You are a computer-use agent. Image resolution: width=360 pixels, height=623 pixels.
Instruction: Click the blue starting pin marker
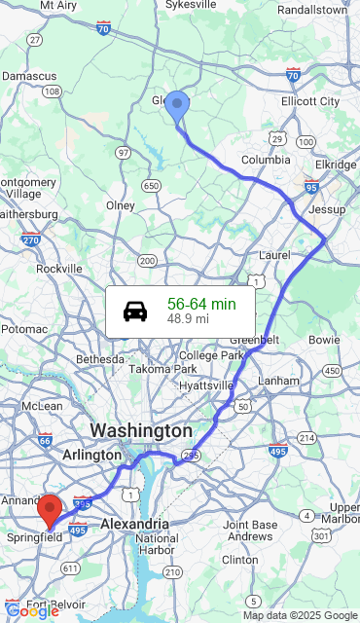click(x=176, y=105)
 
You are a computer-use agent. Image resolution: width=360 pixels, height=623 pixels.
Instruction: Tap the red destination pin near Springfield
click(x=50, y=509)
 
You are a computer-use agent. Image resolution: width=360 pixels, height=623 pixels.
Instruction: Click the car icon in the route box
click(x=135, y=311)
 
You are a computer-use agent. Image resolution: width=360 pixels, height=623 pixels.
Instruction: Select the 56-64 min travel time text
click(x=201, y=304)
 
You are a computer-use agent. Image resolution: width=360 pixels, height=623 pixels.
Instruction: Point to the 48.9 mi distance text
click(x=188, y=318)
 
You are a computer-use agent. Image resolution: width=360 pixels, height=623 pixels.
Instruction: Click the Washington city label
click(x=141, y=430)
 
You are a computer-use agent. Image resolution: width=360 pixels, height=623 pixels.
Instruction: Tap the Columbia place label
click(x=266, y=160)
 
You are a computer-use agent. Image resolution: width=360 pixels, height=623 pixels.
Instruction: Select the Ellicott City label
click(x=310, y=101)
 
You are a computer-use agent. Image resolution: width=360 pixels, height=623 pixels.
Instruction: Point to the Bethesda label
click(x=101, y=359)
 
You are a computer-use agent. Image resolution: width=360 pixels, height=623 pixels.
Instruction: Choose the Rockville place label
click(x=59, y=269)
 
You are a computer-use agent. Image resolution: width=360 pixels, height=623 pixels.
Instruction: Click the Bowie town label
click(x=324, y=340)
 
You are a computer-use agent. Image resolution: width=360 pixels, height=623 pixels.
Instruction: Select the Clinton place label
click(x=240, y=560)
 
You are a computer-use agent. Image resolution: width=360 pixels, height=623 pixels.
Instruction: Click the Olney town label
click(x=121, y=205)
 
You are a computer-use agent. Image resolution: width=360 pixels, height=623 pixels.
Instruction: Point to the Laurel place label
click(x=275, y=255)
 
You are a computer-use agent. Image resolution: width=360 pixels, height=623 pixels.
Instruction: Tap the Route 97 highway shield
click(x=123, y=153)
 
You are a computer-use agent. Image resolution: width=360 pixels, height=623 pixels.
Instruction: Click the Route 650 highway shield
click(x=151, y=185)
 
